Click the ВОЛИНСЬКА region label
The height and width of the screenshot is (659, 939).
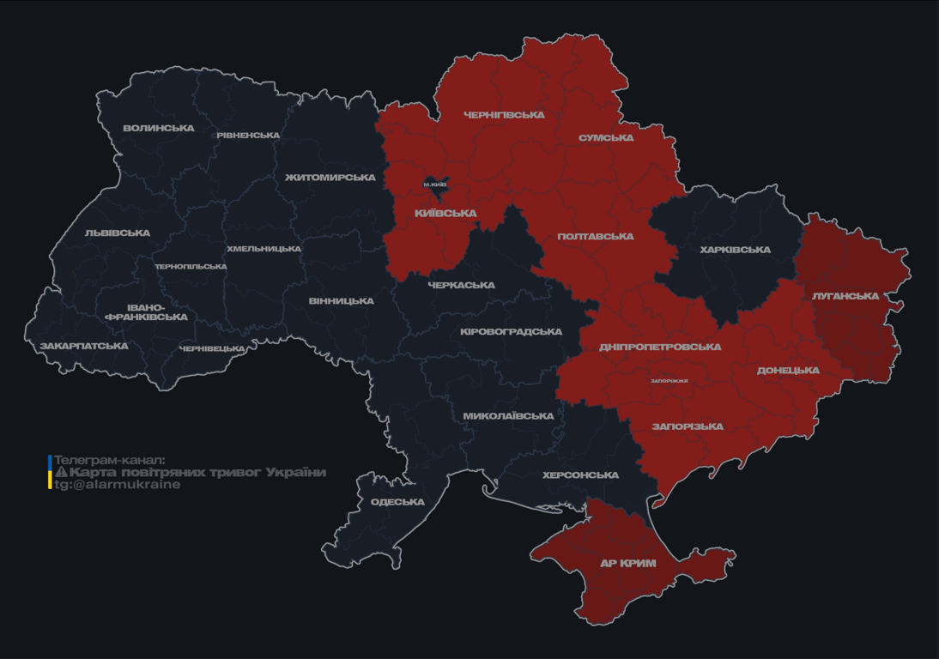pos(159,129)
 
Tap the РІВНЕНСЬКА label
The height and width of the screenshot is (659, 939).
pos(248,136)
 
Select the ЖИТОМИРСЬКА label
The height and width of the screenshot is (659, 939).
pos(330,178)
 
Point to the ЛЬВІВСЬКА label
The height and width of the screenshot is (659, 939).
pos(118,233)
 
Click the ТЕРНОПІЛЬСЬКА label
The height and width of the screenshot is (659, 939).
pos(191,267)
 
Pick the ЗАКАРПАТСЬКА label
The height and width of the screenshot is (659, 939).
pos(84,347)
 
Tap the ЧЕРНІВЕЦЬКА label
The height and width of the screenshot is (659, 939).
pos(212,349)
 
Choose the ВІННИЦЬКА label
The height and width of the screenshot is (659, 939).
pos(342,301)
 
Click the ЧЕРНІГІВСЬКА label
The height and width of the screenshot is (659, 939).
pos(504,115)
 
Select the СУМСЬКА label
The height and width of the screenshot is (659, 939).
pos(606,138)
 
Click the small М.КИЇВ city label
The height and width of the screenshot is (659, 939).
pos(435,184)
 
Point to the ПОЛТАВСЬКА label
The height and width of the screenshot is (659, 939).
pos(596,237)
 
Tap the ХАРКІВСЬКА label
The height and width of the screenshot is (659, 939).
pos(736,251)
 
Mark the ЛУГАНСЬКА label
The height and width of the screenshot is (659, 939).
pos(845,296)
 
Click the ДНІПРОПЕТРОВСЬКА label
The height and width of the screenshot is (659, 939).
pos(660,348)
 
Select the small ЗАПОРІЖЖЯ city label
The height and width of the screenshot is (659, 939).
pos(669,380)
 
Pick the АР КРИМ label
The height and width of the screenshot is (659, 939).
pos(628,564)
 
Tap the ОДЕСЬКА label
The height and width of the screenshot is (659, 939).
pos(397,502)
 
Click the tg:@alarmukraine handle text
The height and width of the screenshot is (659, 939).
pos(118,485)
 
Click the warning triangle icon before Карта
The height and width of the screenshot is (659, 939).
pos(61,473)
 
